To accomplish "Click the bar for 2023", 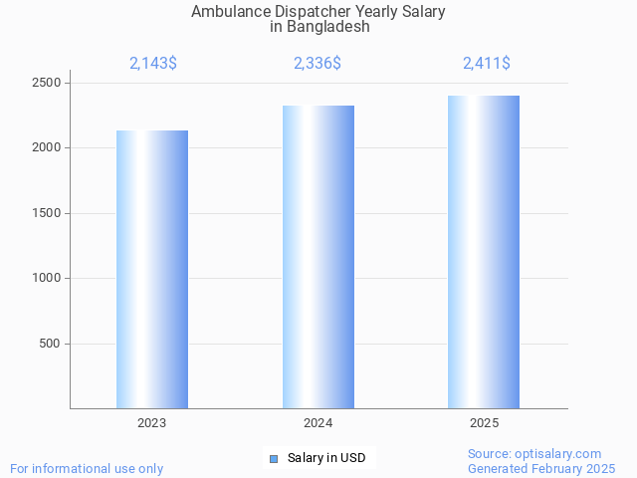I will [152, 269].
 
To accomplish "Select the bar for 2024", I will [318, 257].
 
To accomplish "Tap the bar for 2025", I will [484, 252].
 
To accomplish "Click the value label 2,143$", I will [153, 64].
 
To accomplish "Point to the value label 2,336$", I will [318, 64].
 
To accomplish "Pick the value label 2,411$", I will [487, 64].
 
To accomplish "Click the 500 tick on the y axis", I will [50, 344].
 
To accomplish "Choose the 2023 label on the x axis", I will [152, 423].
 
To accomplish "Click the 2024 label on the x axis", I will [318, 423].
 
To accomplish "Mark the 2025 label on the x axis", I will [484, 423].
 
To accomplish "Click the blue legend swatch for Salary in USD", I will [274, 458].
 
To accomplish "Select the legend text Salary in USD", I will [326, 458].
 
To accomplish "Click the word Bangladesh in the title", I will [327, 27].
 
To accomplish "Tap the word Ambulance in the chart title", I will [228, 12].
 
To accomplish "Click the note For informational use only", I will [87, 468].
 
